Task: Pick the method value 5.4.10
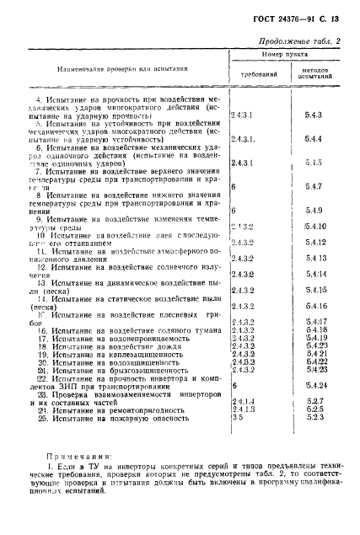[315, 227]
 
